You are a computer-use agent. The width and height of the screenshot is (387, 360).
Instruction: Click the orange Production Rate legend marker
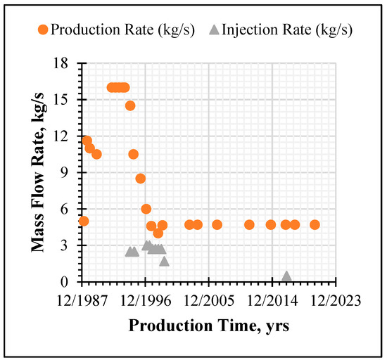(x=43, y=30)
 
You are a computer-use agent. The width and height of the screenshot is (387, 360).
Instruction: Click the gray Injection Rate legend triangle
(x=214, y=30)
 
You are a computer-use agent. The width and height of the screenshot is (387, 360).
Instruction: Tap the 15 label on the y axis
(x=61, y=100)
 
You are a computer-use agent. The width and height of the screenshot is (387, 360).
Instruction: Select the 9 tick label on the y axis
(x=64, y=172)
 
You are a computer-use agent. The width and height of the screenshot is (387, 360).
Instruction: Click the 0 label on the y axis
(x=64, y=282)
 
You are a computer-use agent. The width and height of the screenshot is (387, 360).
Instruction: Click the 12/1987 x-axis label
(x=82, y=301)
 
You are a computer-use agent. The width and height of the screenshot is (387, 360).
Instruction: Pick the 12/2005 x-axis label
(x=209, y=301)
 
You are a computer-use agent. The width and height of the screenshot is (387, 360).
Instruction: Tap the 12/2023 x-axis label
(x=336, y=301)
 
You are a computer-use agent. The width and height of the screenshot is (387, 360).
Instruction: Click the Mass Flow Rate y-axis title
(x=38, y=172)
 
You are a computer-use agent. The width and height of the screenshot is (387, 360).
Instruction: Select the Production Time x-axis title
(x=209, y=326)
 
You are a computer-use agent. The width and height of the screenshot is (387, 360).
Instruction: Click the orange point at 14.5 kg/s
(x=130, y=105)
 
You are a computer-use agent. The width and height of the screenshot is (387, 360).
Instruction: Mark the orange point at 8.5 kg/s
(x=141, y=179)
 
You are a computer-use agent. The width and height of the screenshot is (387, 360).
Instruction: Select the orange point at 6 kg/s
(x=146, y=209)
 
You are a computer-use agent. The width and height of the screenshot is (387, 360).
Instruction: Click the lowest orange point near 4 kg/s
(x=158, y=233)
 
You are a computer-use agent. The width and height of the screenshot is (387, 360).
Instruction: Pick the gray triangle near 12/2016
(x=286, y=276)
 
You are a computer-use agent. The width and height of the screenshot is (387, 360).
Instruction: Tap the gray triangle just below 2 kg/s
(x=164, y=262)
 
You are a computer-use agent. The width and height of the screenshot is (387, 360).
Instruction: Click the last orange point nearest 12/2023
(x=315, y=225)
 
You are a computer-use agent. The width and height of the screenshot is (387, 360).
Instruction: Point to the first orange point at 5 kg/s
(x=84, y=221)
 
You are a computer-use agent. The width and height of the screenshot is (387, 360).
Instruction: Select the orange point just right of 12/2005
(x=217, y=225)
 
